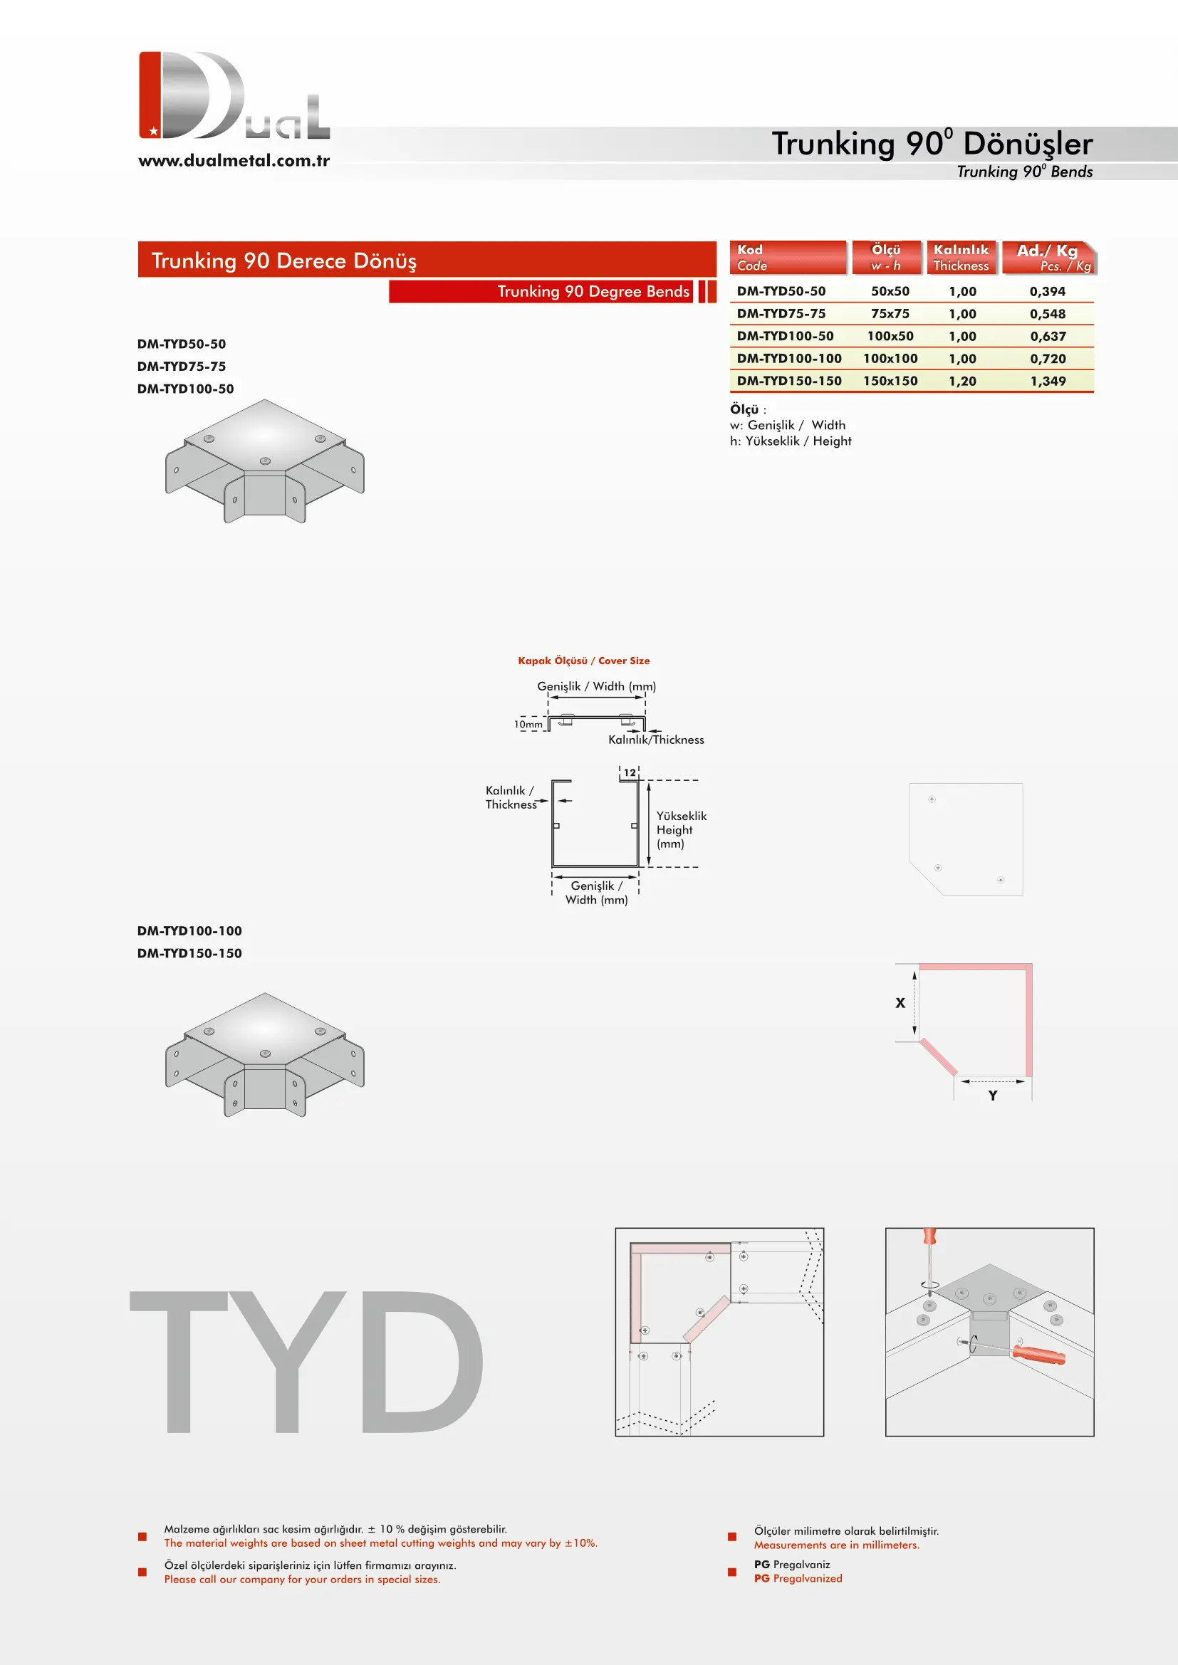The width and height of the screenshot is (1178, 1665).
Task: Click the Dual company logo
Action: pyautogui.click(x=234, y=95)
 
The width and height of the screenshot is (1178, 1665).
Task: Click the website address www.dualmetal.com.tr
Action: pyautogui.click(x=234, y=160)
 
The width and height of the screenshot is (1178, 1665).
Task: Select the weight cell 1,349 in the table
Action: pyautogui.click(x=1048, y=381)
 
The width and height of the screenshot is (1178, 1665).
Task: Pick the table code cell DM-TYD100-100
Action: pyautogui.click(x=789, y=358)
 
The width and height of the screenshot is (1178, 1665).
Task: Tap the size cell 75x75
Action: pyautogui.click(x=890, y=313)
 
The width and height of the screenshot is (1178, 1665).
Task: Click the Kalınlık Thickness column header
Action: pyautogui.click(x=960, y=258)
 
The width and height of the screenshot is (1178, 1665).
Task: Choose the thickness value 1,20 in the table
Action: pyautogui.click(x=963, y=381)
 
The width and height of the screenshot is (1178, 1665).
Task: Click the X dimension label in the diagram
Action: pyautogui.click(x=900, y=1002)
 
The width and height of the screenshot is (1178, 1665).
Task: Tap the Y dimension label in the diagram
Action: pyautogui.click(x=992, y=1095)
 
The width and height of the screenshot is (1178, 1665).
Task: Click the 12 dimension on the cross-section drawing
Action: pyautogui.click(x=630, y=772)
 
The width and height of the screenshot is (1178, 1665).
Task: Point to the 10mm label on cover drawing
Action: pyautogui.click(x=528, y=724)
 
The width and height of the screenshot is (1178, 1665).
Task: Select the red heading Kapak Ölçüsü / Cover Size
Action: pyautogui.click(x=584, y=661)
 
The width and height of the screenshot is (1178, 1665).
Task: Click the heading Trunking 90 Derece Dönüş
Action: pyautogui.click(x=283, y=261)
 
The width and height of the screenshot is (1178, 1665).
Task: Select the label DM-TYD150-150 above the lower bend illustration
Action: pyautogui.click(x=189, y=953)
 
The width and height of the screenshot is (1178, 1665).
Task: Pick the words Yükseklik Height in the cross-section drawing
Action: pyautogui.click(x=681, y=822)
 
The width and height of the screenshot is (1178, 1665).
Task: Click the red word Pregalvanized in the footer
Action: pyautogui.click(x=808, y=1578)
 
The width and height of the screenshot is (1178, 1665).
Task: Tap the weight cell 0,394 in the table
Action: pyautogui.click(x=1048, y=291)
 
